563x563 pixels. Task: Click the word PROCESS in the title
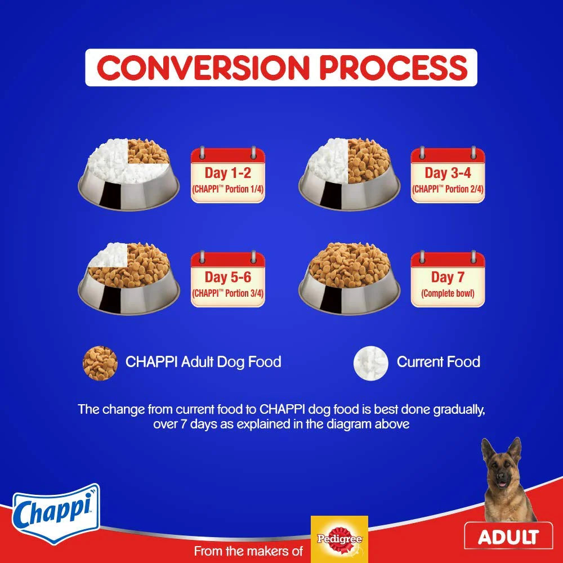393,68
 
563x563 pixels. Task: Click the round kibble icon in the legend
100,363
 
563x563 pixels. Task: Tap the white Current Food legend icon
370,363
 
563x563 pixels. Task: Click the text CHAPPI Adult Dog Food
203,361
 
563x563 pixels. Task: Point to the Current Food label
438,361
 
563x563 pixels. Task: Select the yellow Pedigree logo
339,538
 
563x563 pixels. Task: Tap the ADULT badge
508,537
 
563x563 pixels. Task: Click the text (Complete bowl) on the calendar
448,293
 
